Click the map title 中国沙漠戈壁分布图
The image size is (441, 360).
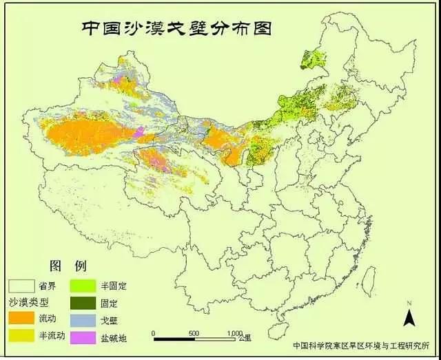[176, 28]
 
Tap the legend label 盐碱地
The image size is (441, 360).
[114, 337]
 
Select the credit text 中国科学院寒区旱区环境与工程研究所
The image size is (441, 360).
[361, 346]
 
